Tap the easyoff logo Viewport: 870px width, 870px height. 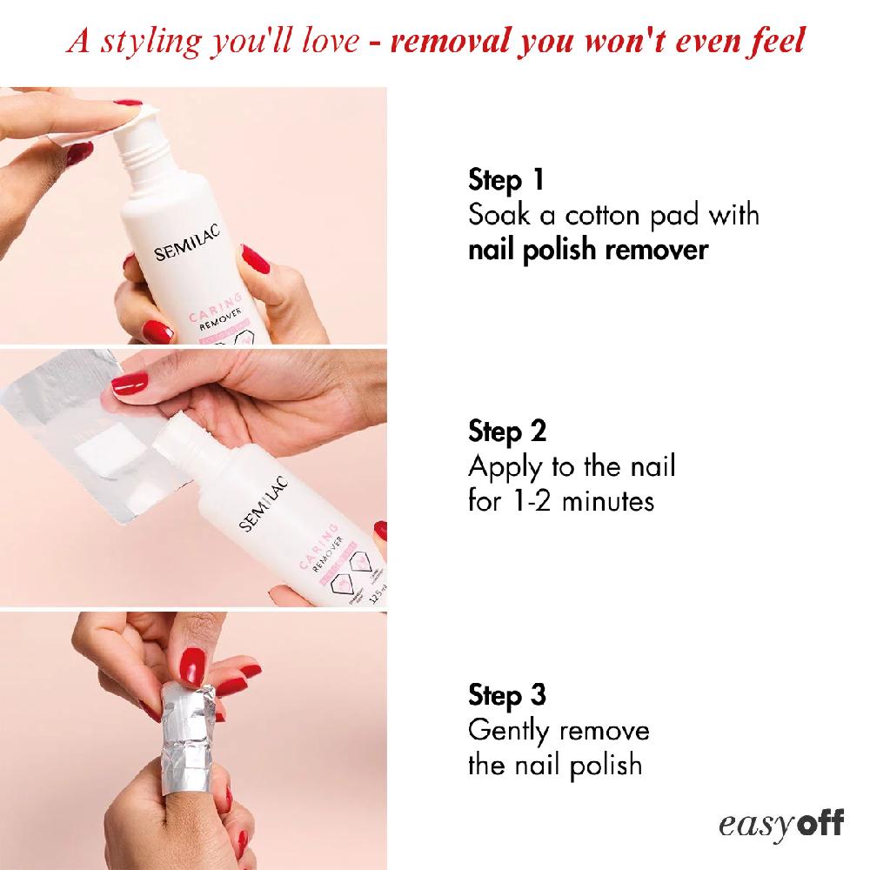[780, 822]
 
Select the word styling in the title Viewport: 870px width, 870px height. [144, 40]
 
